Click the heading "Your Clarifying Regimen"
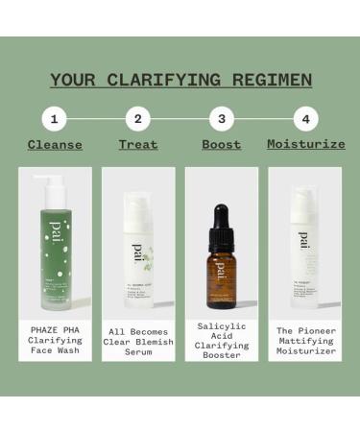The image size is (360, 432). pos(180,80)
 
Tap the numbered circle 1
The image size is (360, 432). pos(55,120)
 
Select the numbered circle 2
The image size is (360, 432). pos(138,120)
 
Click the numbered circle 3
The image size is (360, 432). pos(222,120)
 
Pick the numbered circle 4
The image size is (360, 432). pos(305,120)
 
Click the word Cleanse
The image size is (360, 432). pos(55,145)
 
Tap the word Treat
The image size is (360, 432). pos(138,145)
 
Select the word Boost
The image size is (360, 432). pos(222,145)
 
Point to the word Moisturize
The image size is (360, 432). pos(305,145)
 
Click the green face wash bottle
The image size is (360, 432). pos(55,254)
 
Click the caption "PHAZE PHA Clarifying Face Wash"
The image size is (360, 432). pos(55,341)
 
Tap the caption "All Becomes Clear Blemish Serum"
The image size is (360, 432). pos(138,341)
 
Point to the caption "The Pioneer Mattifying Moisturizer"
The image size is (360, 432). pos(305,341)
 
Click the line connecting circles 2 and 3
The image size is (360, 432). pos(180,120)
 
